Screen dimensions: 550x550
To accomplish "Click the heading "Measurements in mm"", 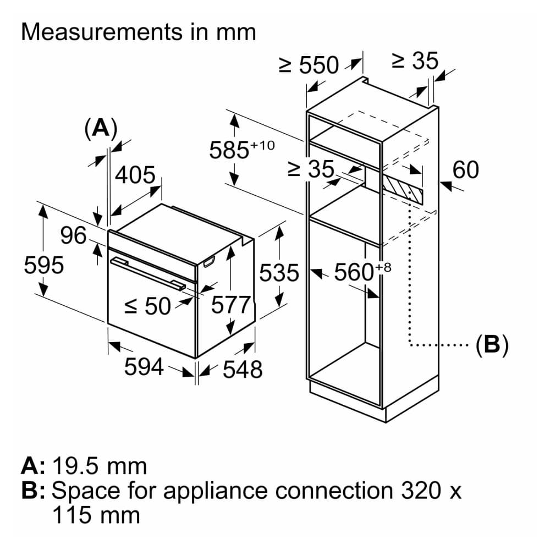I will [138, 32].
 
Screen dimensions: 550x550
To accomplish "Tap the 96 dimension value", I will [73, 236].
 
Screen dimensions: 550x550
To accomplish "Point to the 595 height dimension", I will [44, 266].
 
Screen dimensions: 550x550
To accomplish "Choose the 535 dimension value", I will [279, 273].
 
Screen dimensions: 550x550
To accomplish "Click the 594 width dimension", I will [144, 366].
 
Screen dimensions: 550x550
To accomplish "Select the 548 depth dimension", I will [243, 370].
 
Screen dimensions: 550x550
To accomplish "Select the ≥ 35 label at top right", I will [415, 61].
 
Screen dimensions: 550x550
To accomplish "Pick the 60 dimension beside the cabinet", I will [465, 170].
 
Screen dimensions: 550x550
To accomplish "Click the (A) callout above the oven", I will [101, 128].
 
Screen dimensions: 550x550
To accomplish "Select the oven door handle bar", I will [147, 272].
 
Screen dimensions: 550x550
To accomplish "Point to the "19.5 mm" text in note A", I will [100, 466].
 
